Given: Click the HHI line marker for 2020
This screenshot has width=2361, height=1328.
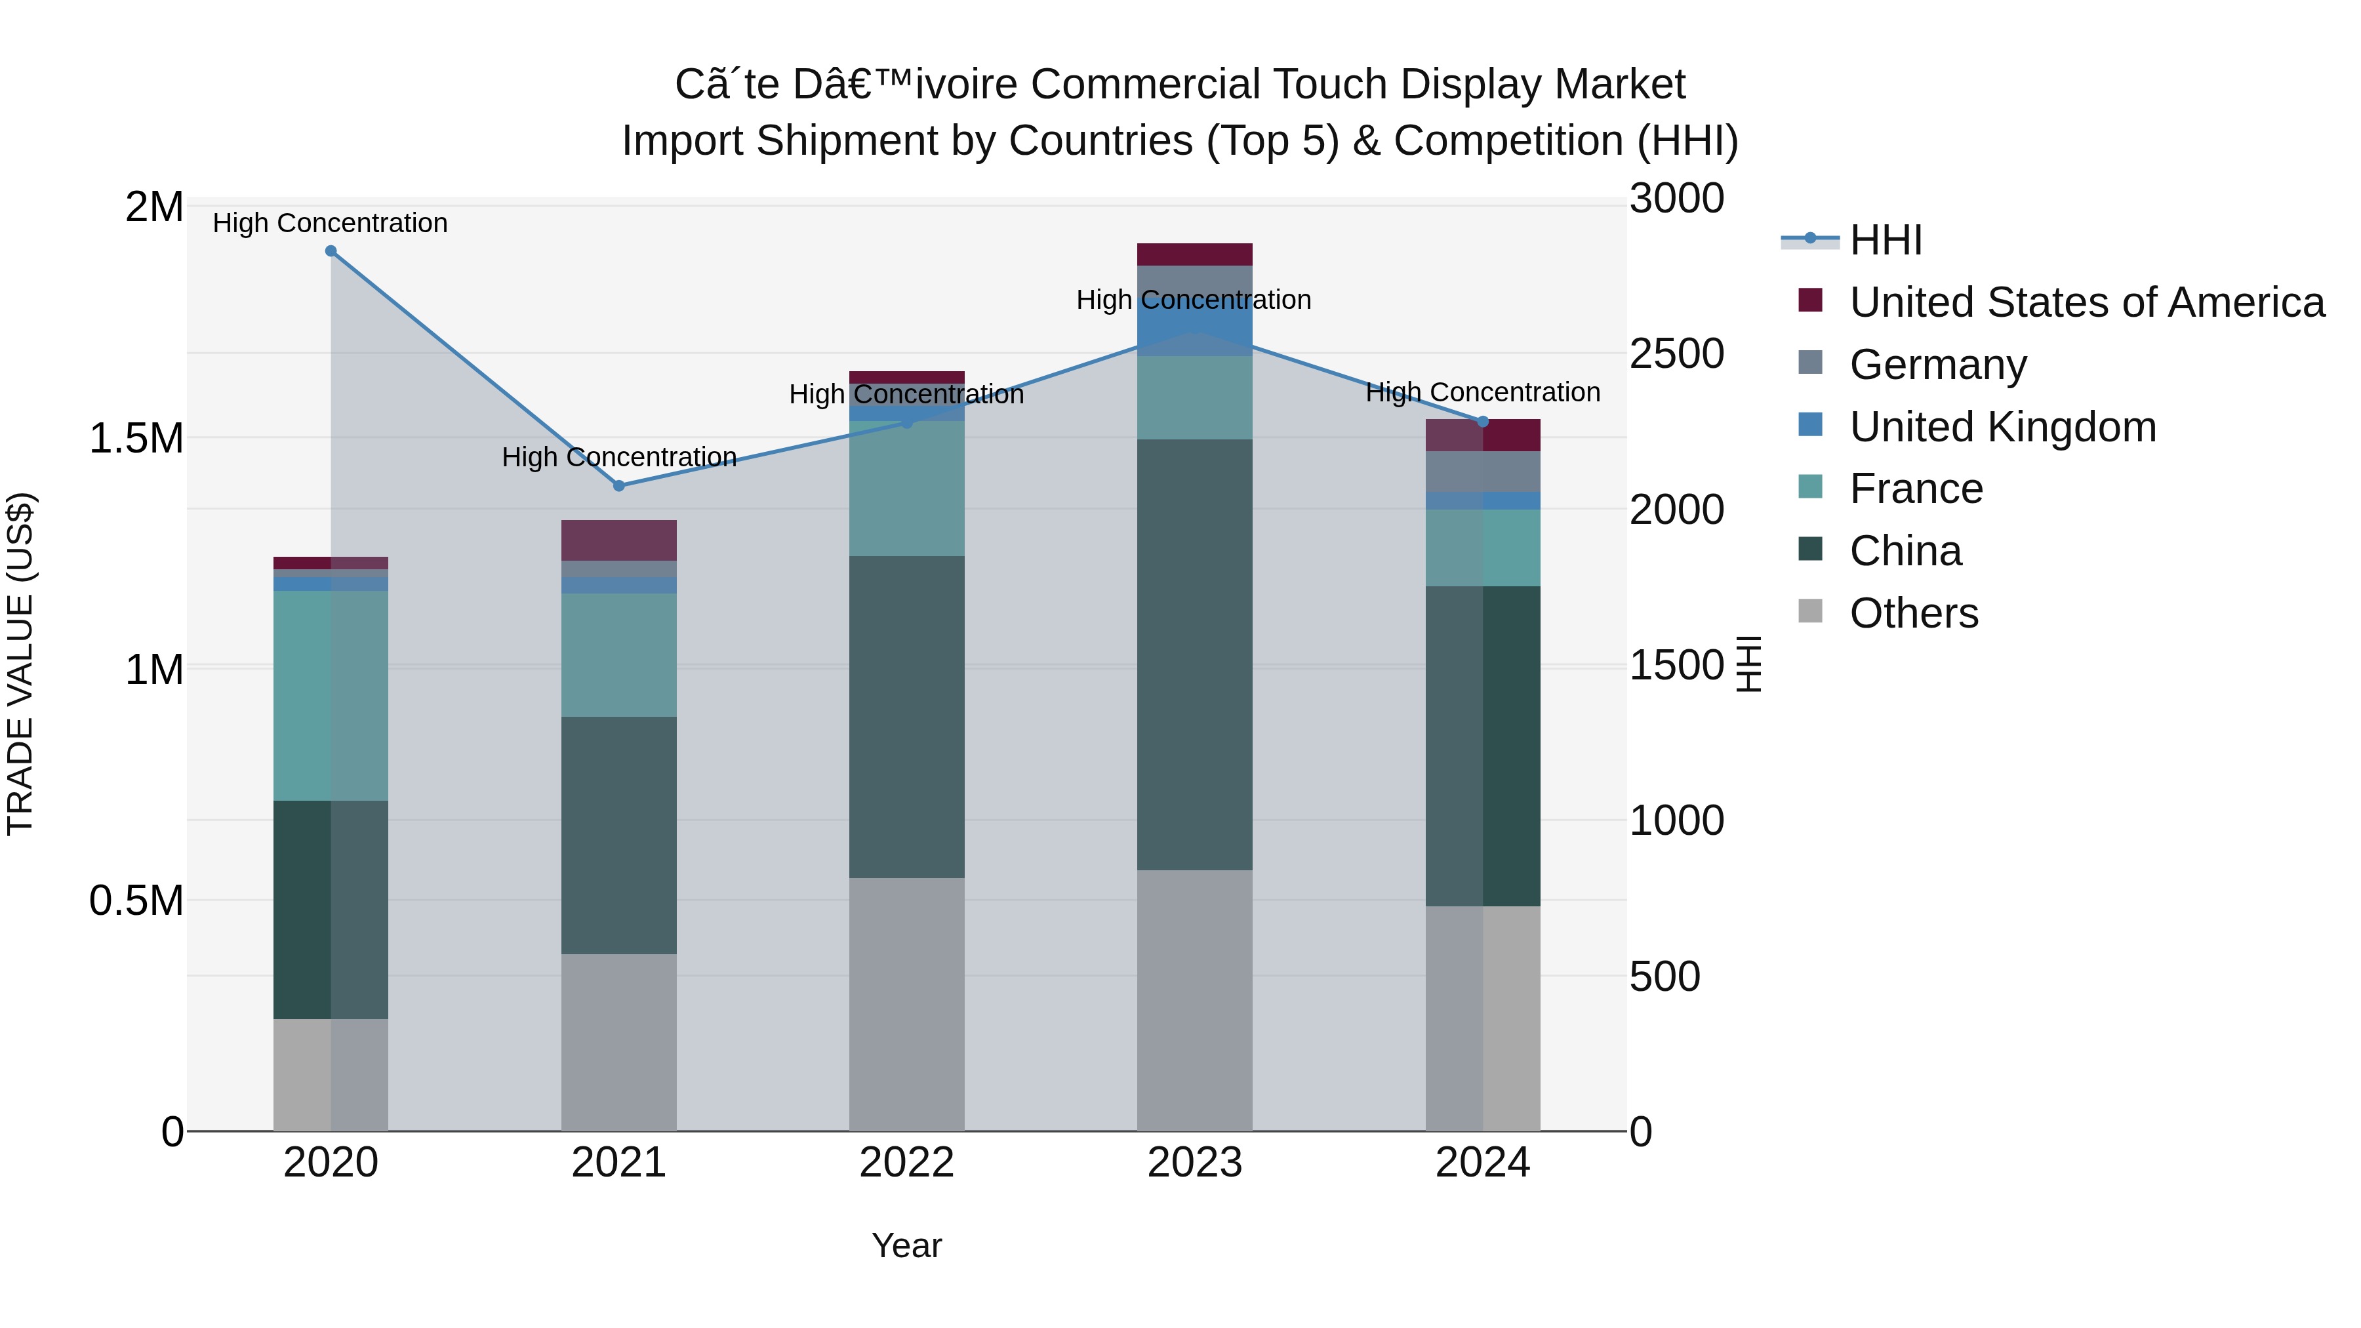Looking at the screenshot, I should (331, 251).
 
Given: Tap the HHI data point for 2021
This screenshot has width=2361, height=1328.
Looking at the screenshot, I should (618, 486).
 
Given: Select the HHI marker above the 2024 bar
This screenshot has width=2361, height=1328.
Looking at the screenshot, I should (1483, 422).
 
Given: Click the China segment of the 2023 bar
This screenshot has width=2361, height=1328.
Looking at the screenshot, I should (1194, 655).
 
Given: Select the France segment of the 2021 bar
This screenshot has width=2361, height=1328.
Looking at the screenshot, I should (618, 655).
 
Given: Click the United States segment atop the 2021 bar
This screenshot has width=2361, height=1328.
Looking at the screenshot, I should (618, 541).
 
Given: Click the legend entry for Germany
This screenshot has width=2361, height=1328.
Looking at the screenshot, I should (1937, 365).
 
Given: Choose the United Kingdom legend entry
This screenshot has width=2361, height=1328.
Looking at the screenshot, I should (2003, 427).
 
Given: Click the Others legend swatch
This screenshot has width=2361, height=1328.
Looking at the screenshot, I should (1810, 611).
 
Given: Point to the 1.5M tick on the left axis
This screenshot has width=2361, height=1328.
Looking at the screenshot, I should (136, 439).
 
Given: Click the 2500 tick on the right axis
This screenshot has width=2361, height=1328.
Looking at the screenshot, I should (1676, 353).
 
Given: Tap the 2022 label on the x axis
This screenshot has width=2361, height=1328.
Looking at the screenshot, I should (906, 1163).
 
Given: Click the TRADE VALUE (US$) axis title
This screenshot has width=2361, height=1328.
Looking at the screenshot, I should (20, 664).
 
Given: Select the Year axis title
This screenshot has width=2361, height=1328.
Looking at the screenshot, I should (906, 1245).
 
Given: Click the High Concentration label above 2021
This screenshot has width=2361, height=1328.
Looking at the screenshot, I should (618, 456).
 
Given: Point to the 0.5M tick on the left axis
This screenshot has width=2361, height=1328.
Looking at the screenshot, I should (136, 901).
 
